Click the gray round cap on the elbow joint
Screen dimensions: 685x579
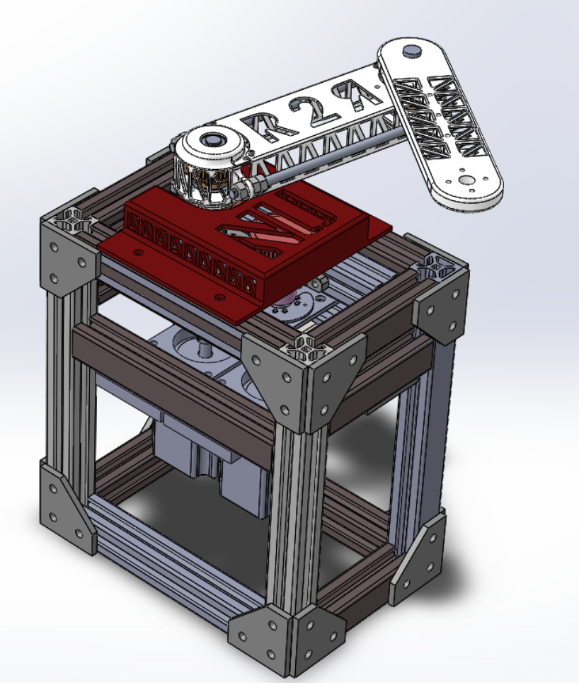[410, 50]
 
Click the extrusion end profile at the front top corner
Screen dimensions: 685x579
[305, 347]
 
